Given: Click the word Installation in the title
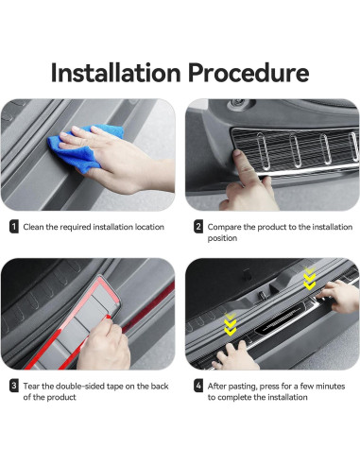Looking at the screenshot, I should point(117,72).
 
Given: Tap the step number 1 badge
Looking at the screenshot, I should point(13,227).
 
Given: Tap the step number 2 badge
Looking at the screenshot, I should point(198,227).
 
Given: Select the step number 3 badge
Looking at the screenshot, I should point(13,386).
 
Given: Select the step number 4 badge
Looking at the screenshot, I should point(198,386).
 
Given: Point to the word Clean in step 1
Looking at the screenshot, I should point(35,227).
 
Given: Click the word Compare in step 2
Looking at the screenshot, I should point(227,227).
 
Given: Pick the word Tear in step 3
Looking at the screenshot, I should point(32,386).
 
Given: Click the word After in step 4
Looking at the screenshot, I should point(220,386).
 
